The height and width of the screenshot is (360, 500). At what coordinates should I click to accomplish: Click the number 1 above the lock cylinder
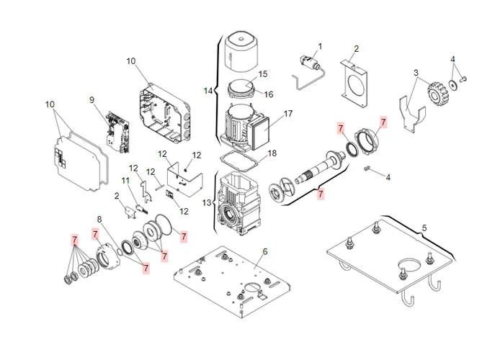pyautogui.click(x=321, y=47)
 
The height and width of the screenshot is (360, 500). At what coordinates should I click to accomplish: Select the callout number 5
pyautogui.click(x=424, y=228)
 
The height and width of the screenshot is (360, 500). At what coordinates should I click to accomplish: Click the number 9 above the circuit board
pyautogui.click(x=92, y=99)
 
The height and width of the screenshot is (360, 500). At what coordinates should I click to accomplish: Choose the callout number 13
pyautogui.click(x=207, y=204)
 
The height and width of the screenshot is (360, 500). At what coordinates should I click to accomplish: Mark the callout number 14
pyautogui.click(x=207, y=91)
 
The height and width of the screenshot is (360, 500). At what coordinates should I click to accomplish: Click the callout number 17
pyautogui.click(x=288, y=114)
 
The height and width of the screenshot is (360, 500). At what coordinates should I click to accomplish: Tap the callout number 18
pyautogui.click(x=272, y=153)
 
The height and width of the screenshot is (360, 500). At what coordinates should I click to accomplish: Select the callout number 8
pyautogui.click(x=99, y=219)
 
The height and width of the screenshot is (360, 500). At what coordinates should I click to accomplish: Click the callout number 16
pyautogui.click(x=269, y=94)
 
